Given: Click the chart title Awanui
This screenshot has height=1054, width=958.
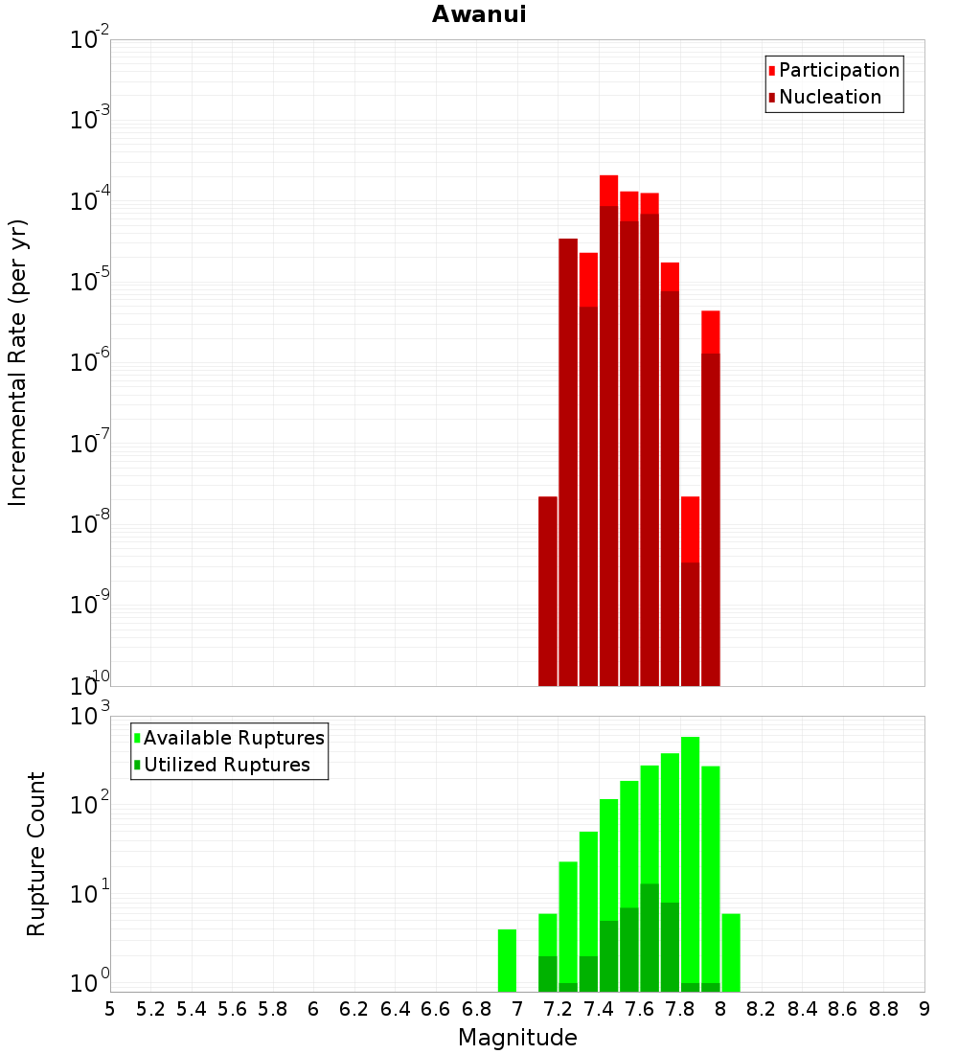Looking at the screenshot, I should (x=478, y=14).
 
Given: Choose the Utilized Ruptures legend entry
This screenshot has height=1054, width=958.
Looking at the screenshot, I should (x=226, y=765).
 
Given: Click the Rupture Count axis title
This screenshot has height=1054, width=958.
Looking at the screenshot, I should (x=36, y=853).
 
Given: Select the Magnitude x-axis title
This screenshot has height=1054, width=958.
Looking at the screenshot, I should (x=517, y=1038).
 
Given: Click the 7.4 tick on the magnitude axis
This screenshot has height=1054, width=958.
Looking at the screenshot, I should (x=599, y=1009).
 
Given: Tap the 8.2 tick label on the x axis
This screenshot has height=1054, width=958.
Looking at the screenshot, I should (x=762, y=1009).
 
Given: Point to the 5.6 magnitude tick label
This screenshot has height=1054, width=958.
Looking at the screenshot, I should (x=232, y=1009).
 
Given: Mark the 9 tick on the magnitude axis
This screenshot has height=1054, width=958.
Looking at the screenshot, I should (x=924, y=1009).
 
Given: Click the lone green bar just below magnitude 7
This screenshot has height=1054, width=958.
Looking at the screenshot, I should (x=507, y=960).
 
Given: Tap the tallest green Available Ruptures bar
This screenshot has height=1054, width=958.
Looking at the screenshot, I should (x=690, y=862).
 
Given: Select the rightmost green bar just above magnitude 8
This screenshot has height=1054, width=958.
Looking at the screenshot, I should (x=731, y=952).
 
